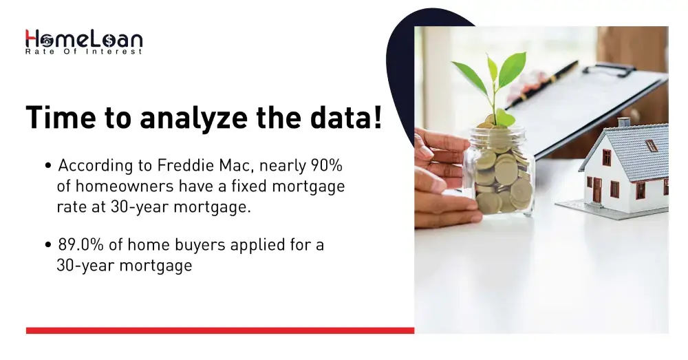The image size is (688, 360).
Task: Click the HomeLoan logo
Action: point(83,39)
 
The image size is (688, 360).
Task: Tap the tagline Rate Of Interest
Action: point(83,52)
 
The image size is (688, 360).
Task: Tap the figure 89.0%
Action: point(80,245)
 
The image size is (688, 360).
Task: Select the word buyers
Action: point(182,245)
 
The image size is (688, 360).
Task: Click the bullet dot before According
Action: point(48,167)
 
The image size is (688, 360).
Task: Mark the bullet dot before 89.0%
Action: point(48,246)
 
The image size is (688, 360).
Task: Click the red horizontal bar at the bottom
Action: point(220,330)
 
